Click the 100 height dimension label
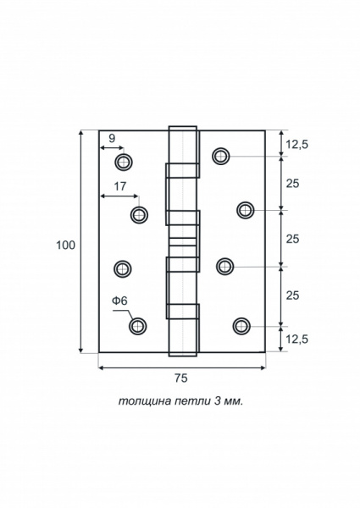pyautogui.click(x=66, y=246)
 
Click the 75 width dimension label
pyautogui.click(x=181, y=378)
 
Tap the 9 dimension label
pyautogui.click(x=112, y=138)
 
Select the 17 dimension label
pyautogui.click(x=119, y=186)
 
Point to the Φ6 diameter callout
pyautogui.click(x=119, y=301)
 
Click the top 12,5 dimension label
pyautogui.click(x=296, y=145)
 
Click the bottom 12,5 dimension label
pyautogui.click(x=296, y=340)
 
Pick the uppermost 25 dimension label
pyautogui.click(x=292, y=184)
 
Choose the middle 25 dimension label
pyautogui.click(x=292, y=239)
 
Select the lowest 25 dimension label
pyautogui.click(x=292, y=295)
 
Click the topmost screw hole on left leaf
pyautogui.click(x=124, y=162)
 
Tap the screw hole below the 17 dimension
pyautogui.click(x=139, y=215)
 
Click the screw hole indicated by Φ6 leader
pyautogui.click(x=138, y=326)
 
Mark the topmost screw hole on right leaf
pyautogui.click(x=221, y=156)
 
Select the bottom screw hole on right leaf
pyautogui.click(x=241, y=326)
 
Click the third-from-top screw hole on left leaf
pyautogui.click(x=123, y=268)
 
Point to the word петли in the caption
pyautogui.click(x=192, y=401)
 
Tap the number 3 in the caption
pyautogui.click(x=217, y=401)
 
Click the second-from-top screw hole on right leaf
pyautogui.click(x=246, y=210)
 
